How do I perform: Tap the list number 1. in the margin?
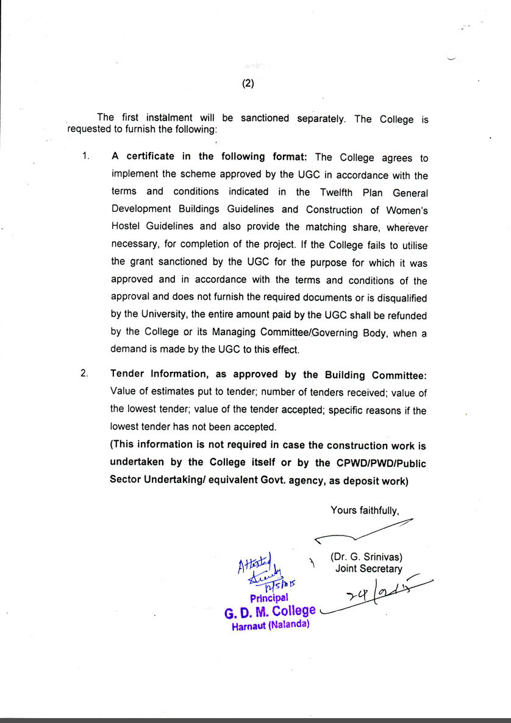(87, 156)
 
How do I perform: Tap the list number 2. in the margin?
(86, 374)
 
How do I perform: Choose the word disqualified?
(401, 298)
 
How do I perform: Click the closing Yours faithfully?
(365, 510)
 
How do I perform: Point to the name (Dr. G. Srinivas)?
(366, 557)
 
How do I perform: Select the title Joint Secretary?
(368, 569)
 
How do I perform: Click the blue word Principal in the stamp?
(269, 598)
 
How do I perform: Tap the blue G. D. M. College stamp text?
(270, 611)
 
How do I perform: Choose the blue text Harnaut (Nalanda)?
(271, 625)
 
